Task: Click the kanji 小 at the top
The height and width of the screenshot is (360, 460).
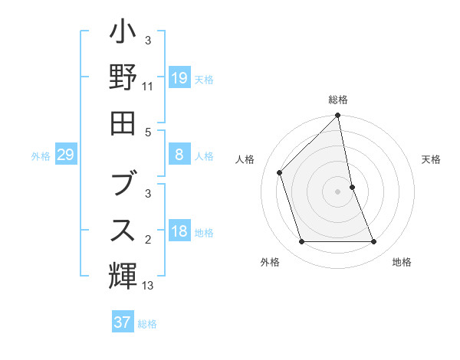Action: click(122, 34)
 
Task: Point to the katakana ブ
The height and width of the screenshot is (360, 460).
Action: click(122, 184)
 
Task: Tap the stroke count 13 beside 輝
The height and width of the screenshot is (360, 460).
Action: click(147, 286)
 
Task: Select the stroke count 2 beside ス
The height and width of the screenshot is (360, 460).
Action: click(147, 240)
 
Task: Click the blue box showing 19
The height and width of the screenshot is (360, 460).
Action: click(179, 77)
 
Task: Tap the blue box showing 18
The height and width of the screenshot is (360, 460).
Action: click(179, 232)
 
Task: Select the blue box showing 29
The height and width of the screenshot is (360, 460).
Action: click(65, 155)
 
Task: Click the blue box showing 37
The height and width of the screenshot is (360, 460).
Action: click(122, 322)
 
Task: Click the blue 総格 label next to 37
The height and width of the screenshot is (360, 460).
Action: click(147, 324)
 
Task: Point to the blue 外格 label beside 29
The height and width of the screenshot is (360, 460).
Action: click(41, 156)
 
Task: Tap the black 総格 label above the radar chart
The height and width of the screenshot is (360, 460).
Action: click(338, 100)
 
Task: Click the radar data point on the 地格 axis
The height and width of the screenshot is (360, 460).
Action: click(374, 242)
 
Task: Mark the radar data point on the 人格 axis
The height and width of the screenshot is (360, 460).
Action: click(280, 172)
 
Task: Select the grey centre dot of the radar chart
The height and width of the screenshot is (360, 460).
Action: click(338, 191)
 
